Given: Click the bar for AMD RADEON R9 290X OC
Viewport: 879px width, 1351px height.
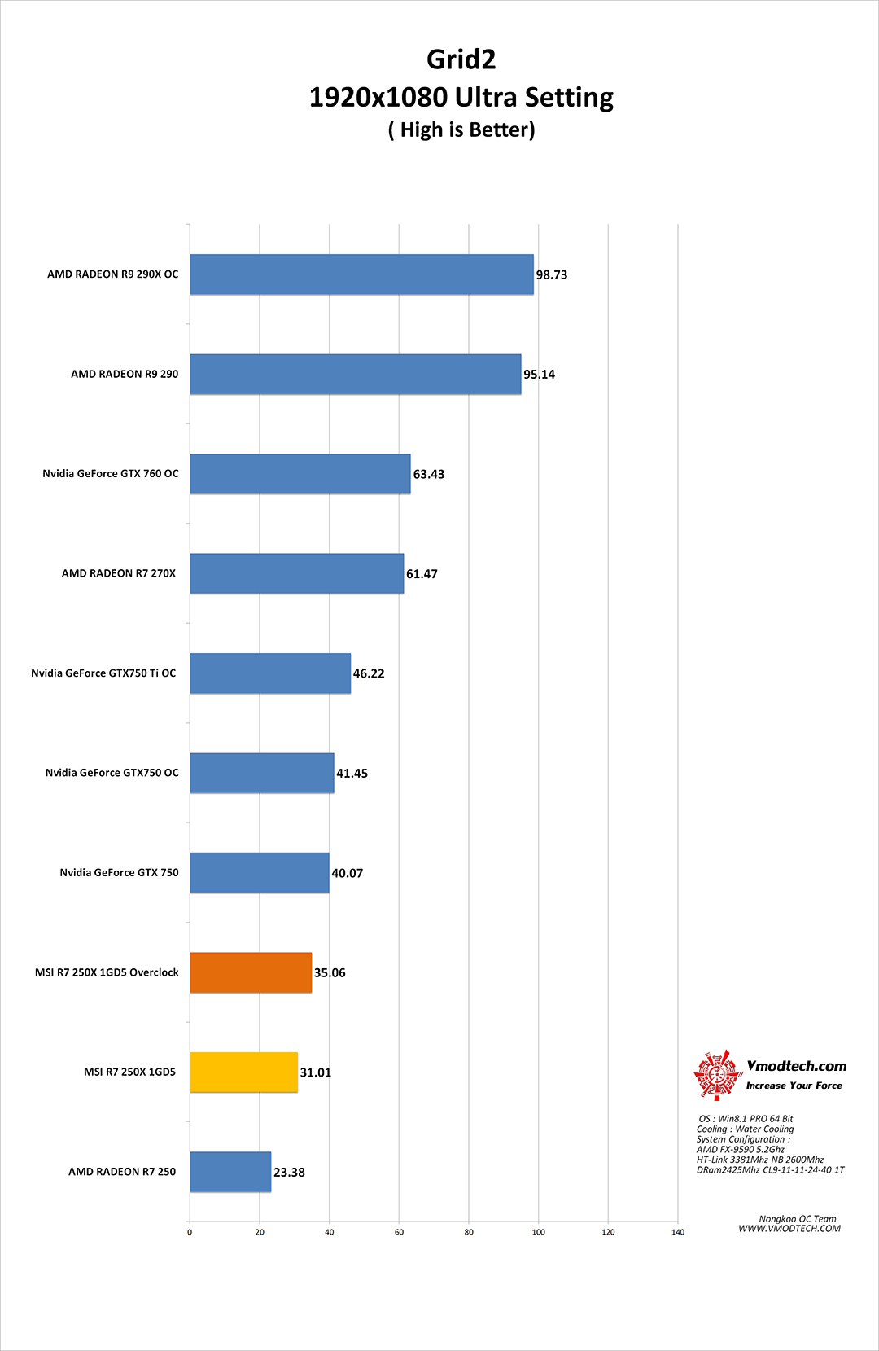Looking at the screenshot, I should [361, 274].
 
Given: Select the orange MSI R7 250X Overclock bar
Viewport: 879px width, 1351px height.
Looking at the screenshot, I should [251, 972].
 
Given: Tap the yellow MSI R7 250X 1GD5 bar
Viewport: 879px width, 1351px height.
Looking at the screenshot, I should [243, 1072].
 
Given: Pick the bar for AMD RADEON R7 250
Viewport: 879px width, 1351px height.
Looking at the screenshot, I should [230, 1172].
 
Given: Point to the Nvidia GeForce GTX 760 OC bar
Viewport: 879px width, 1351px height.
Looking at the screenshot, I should [300, 474].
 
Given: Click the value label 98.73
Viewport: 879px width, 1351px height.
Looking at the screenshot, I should [551, 275].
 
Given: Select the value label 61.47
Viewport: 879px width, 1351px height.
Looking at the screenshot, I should [422, 574].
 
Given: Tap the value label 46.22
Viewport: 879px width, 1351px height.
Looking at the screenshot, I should [368, 673].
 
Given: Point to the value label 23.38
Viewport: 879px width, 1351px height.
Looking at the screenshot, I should [289, 1173].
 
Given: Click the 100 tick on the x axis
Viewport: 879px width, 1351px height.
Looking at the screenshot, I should [538, 1232].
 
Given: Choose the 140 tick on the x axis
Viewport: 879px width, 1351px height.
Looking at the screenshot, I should [678, 1232].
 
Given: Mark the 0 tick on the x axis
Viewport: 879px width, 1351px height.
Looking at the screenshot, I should [190, 1232].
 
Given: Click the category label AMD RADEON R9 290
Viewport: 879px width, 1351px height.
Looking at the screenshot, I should [125, 375].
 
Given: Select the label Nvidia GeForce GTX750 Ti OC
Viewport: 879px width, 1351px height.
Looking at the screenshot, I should [103, 673].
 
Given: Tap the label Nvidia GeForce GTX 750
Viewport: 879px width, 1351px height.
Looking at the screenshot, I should [119, 873].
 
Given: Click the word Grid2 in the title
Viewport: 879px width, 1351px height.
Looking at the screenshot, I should [461, 59].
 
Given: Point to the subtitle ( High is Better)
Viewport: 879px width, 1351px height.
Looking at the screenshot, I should [461, 130].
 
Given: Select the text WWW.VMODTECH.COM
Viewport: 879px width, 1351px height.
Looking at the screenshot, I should [789, 1229].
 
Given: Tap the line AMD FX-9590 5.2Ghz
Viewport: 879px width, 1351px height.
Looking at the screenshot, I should [740, 1150].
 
